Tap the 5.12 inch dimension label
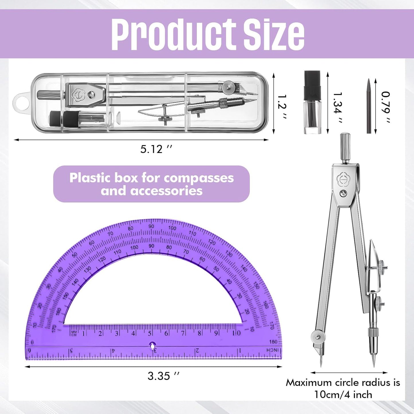coord(156,149)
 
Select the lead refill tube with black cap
coord(312,102)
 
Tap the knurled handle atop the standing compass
coord(345,147)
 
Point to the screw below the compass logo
coord(343,194)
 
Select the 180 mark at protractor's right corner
coord(273,342)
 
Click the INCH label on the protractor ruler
coord(272,350)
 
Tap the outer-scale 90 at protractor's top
coord(151,226)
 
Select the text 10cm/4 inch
coord(343,395)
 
